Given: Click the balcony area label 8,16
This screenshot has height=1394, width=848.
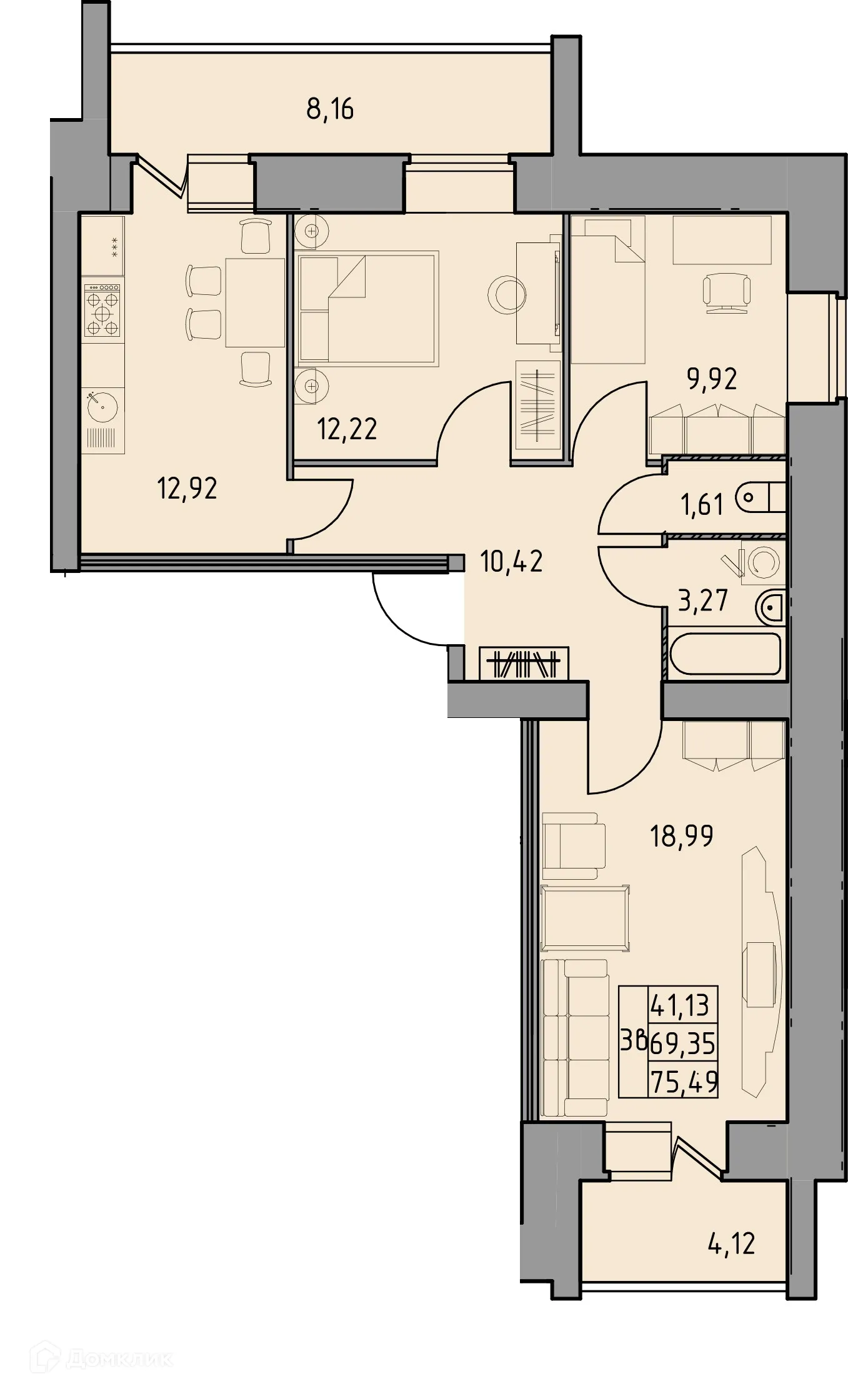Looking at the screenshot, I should point(329,109).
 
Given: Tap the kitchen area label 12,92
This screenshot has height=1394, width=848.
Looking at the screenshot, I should point(187,488).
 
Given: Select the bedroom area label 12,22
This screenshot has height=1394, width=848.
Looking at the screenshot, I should point(347,429).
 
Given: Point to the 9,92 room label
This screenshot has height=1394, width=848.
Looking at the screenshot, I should point(712,379).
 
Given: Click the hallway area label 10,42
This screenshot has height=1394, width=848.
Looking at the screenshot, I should point(511,562).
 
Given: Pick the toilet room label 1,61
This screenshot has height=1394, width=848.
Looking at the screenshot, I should point(702,504).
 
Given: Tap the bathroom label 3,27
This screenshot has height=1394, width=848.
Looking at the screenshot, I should point(703,600).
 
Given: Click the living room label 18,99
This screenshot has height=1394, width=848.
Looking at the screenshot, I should point(681,836).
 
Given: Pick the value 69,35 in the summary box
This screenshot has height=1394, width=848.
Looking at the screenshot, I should point(682,1043).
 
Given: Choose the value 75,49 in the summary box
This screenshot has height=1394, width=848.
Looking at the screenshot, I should point(684,1082).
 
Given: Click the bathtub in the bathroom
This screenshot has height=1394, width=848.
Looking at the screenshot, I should point(725,654).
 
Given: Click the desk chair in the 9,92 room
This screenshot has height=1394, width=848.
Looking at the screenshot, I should point(726,292).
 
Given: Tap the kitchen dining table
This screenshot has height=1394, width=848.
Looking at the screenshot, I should point(254,302).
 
